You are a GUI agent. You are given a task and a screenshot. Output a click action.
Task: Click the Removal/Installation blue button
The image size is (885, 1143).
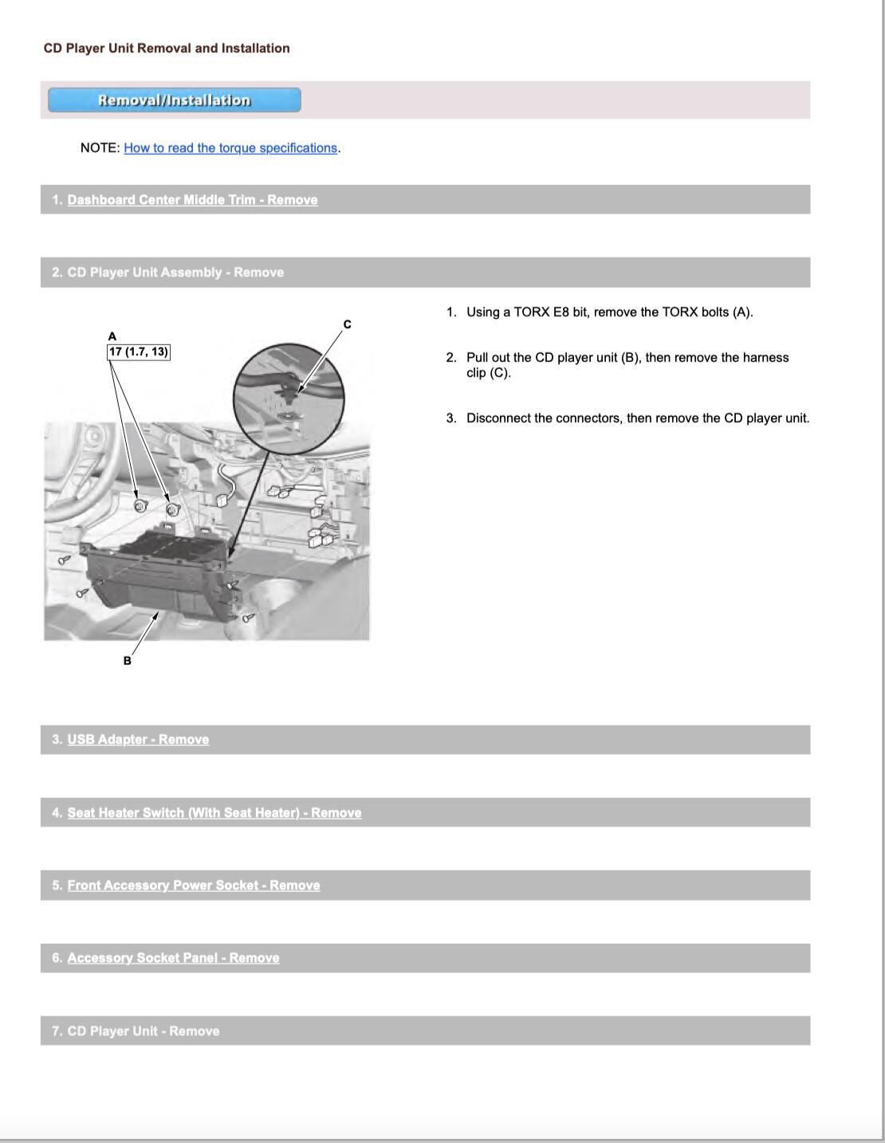(x=174, y=100)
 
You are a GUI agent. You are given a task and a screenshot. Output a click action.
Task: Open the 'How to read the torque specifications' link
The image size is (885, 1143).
(x=230, y=148)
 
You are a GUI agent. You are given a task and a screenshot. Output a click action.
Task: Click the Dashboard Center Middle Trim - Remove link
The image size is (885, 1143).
(x=192, y=200)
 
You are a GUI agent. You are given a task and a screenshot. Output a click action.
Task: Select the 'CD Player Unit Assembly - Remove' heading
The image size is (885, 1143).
(x=167, y=273)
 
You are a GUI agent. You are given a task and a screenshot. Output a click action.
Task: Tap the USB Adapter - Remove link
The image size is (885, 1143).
(x=138, y=740)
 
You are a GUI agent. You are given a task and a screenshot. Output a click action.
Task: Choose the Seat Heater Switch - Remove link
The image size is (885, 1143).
(x=214, y=813)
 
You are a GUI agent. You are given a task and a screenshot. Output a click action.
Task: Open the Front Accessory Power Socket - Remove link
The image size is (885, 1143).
(x=194, y=886)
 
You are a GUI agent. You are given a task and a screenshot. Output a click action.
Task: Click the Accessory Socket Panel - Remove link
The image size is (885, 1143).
(x=173, y=958)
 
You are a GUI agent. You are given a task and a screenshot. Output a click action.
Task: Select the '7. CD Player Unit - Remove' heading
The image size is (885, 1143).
(x=136, y=1031)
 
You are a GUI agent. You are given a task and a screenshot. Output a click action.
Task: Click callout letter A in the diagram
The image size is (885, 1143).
(x=112, y=336)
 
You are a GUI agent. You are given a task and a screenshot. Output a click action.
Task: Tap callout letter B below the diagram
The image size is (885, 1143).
(x=127, y=661)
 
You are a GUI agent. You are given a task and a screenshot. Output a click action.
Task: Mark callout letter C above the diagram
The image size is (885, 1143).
(x=348, y=324)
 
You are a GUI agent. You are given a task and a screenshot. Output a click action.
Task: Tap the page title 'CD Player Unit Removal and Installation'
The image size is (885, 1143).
(x=167, y=49)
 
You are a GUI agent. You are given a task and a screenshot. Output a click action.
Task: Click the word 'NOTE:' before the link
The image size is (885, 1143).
(x=100, y=148)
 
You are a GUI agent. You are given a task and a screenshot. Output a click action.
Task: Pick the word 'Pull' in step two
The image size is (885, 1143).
(x=478, y=358)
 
